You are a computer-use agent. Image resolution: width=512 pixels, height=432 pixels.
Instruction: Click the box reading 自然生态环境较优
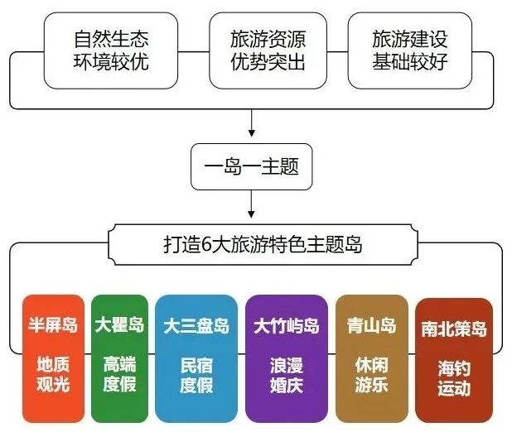click(x=111, y=50)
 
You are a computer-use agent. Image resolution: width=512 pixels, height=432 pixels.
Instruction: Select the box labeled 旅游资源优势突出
click(x=268, y=50)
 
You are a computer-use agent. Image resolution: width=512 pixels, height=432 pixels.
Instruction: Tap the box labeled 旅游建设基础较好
click(x=410, y=50)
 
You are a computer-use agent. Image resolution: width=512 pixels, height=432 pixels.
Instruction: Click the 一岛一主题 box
click(x=251, y=166)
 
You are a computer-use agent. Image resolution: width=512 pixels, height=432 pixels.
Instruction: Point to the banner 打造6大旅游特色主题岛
click(x=263, y=244)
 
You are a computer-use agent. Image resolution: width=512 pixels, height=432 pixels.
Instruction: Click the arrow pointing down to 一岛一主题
click(x=251, y=123)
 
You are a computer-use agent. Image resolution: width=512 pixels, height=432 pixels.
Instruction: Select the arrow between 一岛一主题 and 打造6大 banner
click(x=251, y=204)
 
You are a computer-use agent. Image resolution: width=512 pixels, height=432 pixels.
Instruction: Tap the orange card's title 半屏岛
click(x=53, y=324)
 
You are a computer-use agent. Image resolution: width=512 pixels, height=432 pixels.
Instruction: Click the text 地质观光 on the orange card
click(x=53, y=374)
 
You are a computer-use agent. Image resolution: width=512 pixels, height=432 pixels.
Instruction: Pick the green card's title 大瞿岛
click(x=119, y=324)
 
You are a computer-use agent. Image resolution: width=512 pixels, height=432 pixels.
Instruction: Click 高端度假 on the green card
click(x=119, y=374)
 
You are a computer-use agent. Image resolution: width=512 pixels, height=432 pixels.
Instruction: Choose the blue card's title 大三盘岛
click(x=196, y=326)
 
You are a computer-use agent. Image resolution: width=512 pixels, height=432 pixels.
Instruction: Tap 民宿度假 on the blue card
click(x=196, y=375)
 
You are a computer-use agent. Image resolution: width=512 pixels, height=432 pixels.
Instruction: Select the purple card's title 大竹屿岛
click(x=287, y=326)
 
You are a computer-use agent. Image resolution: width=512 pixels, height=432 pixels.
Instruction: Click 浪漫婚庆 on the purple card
click(x=287, y=375)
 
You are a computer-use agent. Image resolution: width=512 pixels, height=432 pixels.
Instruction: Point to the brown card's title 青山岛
click(x=372, y=325)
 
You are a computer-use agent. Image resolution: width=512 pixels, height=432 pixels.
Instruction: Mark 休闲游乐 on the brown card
click(x=372, y=375)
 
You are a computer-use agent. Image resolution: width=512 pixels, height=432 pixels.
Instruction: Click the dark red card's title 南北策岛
click(x=454, y=329)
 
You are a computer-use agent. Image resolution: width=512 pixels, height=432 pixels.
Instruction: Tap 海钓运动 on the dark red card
click(x=454, y=378)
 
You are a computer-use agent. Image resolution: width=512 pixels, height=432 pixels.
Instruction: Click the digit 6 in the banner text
click(x=206, y=245)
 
